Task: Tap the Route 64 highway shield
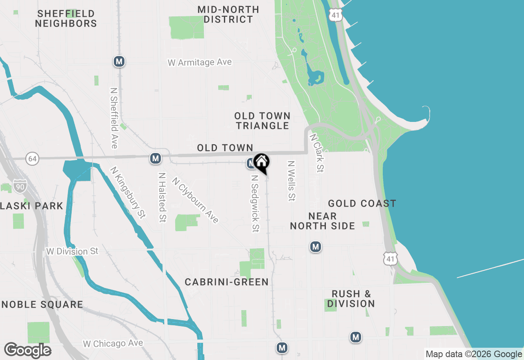tap(32, 158)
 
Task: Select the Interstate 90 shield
tap(19, 186)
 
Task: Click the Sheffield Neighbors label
tap(66, 19)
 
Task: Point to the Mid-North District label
tap(228, 14)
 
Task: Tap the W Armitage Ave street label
tap(200, 63)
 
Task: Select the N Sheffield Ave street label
tap(114, 117)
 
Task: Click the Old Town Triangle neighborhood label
tap(263, 121)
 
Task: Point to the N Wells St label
tap(291, 180)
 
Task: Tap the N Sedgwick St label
tap(255, 203)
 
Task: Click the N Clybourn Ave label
tap(195, 200)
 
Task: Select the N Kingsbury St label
tap(128, 192)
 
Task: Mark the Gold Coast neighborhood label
tap(362, 203)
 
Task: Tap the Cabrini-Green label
tap(226, 282)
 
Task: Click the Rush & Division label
tap(351, 299)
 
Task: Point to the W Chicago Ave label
tap(113, 343)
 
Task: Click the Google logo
tap(28, 350)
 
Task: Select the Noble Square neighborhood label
tap(42, 304)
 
